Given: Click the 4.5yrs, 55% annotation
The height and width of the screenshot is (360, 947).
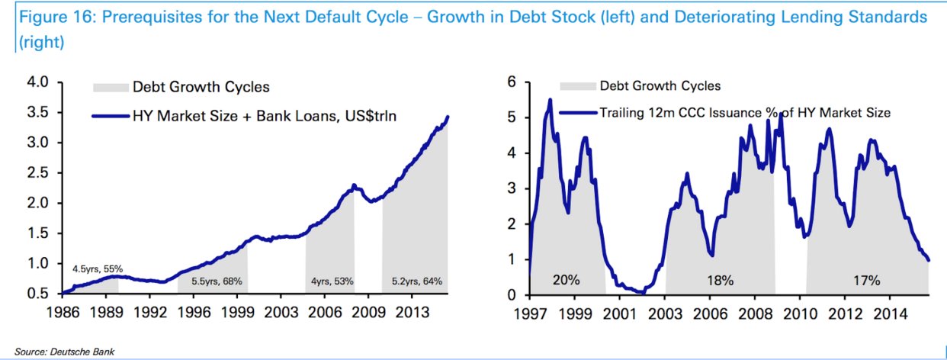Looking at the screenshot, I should [x=98, y=268].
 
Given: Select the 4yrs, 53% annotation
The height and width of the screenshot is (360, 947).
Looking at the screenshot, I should [x=332, y=281].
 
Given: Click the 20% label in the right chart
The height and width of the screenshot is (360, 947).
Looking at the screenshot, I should [x=566, y=281].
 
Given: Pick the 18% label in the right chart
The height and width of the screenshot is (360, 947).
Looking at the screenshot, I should [x=720, y=281].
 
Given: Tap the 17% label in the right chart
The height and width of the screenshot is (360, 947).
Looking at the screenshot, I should [x=866, y=281].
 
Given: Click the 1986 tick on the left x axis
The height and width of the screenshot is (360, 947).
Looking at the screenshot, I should [x=60, y=312].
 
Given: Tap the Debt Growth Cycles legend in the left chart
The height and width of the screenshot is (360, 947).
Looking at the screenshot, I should [x=201, y=87].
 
